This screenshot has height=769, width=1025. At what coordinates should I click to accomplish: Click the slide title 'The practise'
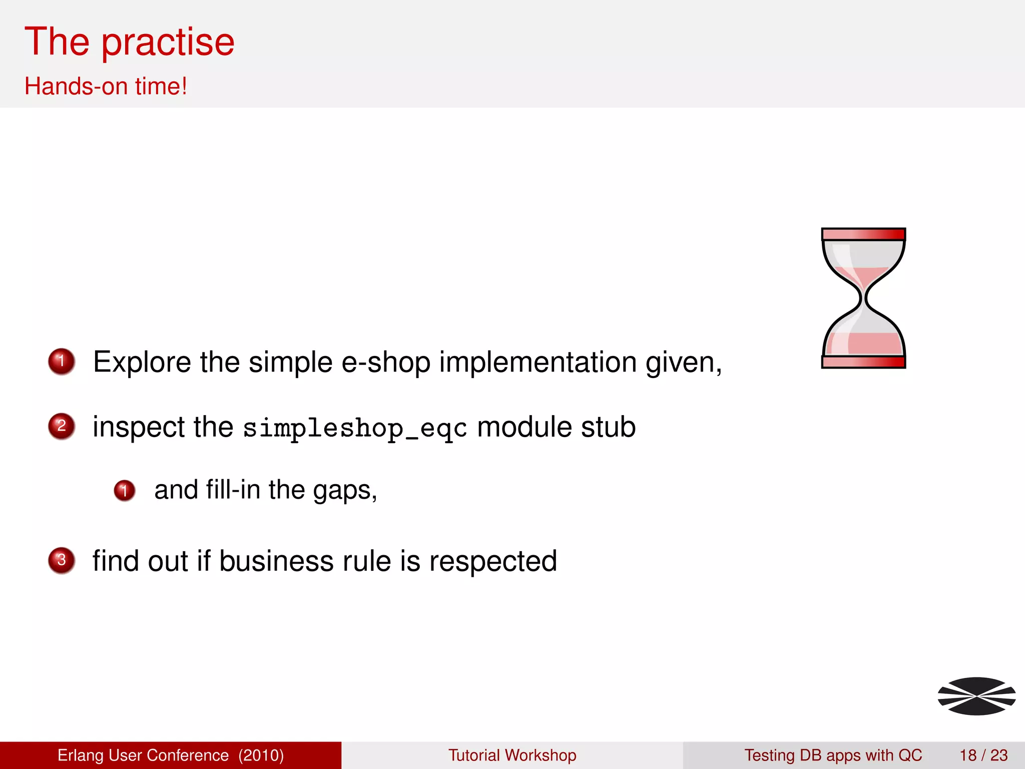(129, 42)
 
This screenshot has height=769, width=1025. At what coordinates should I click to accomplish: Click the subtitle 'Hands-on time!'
(106, 86)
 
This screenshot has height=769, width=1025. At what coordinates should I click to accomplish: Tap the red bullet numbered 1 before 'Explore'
(62, 361)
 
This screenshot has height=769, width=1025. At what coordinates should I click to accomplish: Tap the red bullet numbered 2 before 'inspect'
(62, 426)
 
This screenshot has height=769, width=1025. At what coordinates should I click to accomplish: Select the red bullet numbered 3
(62, 560)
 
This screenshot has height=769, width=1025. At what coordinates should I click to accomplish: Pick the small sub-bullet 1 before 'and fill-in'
(124, 490)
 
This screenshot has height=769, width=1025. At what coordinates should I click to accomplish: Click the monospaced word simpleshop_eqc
(355, 428)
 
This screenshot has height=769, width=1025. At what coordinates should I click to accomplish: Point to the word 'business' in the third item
(276, 561)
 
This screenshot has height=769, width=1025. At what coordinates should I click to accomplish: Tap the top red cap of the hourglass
(863, 234)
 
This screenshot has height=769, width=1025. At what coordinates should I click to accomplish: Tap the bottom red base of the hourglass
(863, 362)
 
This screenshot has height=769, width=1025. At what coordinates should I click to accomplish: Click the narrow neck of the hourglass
(863, 299)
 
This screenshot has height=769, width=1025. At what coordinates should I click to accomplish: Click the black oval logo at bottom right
(976, 696)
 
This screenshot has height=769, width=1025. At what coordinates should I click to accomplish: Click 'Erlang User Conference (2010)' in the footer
(171, 755)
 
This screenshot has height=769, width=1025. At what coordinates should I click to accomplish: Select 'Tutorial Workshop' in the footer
(512, 755)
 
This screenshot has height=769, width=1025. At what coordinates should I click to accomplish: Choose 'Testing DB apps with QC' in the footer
(833, 755)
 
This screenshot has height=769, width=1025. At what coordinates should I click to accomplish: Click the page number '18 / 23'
(983, 755)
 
